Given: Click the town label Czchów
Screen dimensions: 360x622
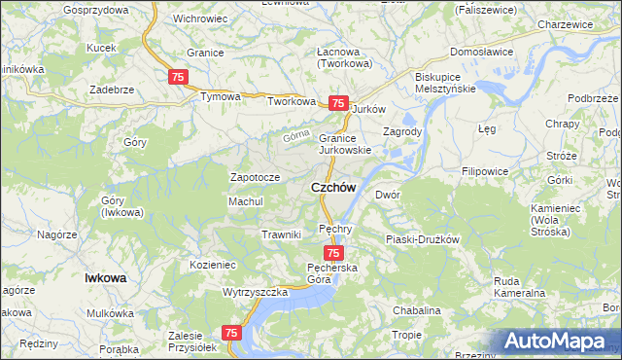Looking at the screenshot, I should tap(332, 187).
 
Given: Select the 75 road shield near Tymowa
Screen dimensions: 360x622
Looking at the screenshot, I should tap(178, 77).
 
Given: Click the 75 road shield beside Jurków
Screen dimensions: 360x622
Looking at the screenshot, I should tap(338, 103).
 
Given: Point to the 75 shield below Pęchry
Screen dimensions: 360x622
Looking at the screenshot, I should tap(332, 253).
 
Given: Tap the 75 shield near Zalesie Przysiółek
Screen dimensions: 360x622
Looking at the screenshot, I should tap(231, 333).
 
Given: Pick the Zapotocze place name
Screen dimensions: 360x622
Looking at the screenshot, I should tap(255, 177).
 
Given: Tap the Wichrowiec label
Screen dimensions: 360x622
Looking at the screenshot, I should tap(200, 18).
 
